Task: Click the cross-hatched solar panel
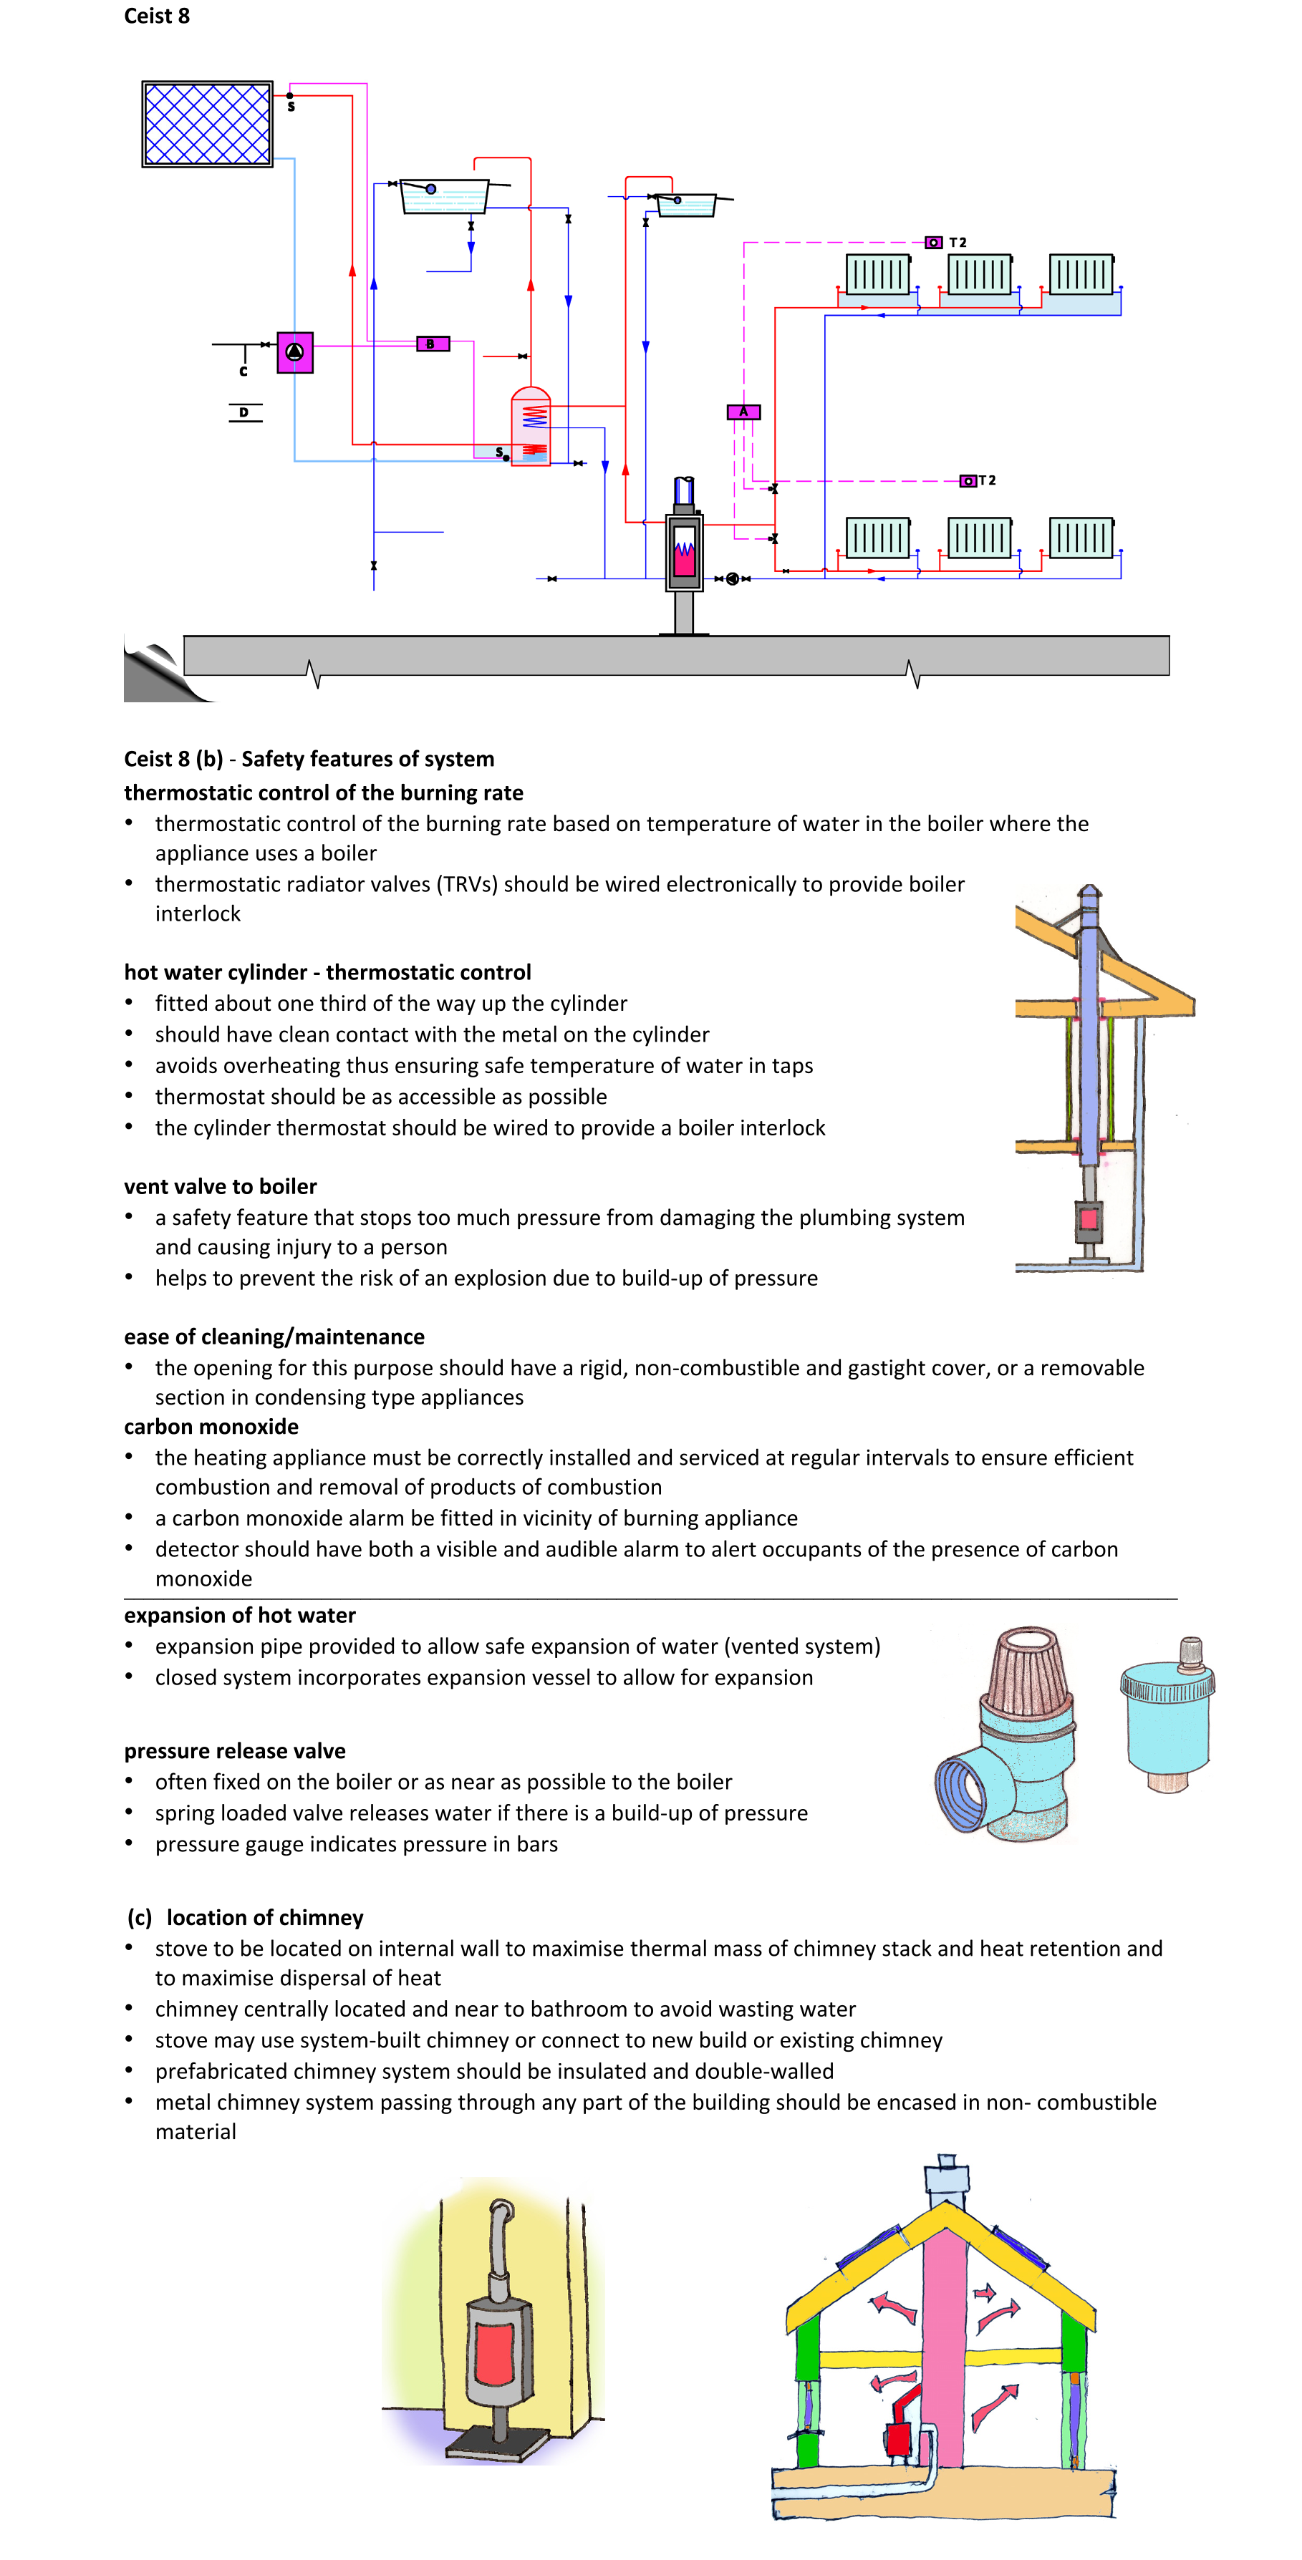pos(207,125)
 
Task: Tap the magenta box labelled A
pos(743,412)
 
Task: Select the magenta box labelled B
pos(433,344)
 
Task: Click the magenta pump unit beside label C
pos(294,351)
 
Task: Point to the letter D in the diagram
pos(243,412)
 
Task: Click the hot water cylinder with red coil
pos(531,427)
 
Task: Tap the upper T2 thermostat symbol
pos(933,243)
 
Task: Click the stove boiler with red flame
pos(684,551)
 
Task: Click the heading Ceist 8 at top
pos(156,16)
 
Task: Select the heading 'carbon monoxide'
pos(211,1426)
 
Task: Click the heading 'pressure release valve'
pos(235,1750)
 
